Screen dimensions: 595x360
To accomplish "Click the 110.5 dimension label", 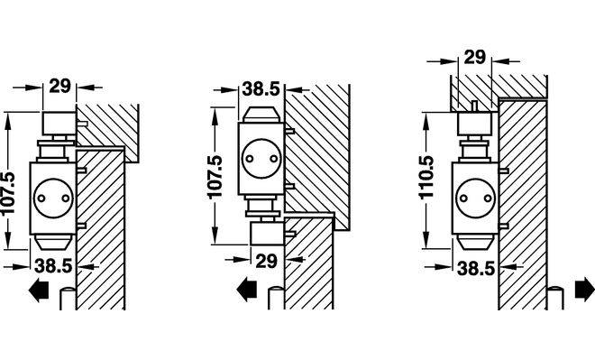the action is click(426, 177).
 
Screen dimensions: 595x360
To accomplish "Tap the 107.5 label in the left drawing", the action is click(8, 193).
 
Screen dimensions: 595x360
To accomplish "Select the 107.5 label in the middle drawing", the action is click(215, 177).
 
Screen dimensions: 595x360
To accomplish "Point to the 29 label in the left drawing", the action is click(60, 86).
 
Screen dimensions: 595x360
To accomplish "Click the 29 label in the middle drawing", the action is click(267, 262).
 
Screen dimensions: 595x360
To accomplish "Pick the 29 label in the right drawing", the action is click(475, 58).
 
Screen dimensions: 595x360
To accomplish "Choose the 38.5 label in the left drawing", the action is click(53, 266).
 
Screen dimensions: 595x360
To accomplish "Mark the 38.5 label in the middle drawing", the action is click(261, 89).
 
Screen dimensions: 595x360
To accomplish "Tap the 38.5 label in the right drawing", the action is click(476, 269).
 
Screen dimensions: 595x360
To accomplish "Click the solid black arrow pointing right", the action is click(584, 290).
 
